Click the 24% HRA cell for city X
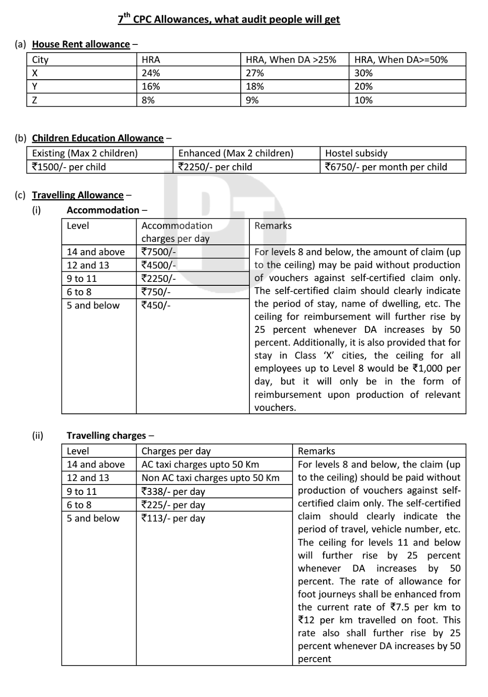pyautogui.click(x=151, y=73)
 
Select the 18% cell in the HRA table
pyautogui.click(x=255, y=87)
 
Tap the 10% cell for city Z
pyautogui.click(x=363, y=100)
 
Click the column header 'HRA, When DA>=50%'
pyautogui.click(x=401, y=60)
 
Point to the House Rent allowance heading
pyautogui.click(x=81, y=44)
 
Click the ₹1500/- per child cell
pyautogui.click(x=69, y=167)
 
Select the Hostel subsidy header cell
pyautogui.click(x=356, y=153)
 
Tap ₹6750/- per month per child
pyautogui.click(x=386, y=167)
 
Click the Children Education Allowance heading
pyautogui.click(x=98, y=138)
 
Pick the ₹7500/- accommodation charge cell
pyautogui.click(x=159, y=252)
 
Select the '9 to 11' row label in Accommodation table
pyautogui.click(x=82, y=279)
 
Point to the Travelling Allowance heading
pyautogui.click(x=78, y=195)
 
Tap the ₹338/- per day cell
pyautogui.click(x=173, y=491)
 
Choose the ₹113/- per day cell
pyautogui.click(x=173, y=518)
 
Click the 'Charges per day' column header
pyautogui.click(x=176, y=451)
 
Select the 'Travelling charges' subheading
pyautogui.click(x=106, y=436)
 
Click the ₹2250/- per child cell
pyautogui.click(x=215, y=167)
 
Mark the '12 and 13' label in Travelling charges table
pyautogui.click(x=88, y=478)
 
